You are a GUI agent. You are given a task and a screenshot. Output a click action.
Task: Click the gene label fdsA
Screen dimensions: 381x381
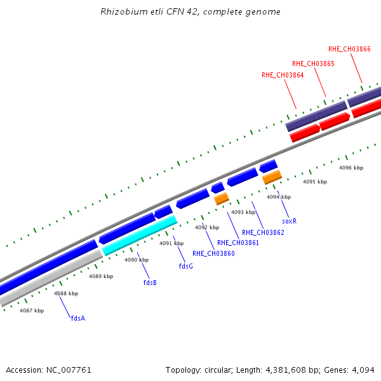point(78,318)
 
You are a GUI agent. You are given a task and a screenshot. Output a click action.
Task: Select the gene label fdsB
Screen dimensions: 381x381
point(150,283)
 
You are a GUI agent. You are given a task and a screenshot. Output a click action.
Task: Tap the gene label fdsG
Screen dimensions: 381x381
point(185,266)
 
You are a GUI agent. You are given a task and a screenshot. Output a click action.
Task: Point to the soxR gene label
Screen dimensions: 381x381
point(289,221)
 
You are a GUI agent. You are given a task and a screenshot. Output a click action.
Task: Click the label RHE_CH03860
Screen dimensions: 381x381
point(213,253)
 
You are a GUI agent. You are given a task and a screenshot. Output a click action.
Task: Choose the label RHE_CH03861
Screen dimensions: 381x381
point(238,243)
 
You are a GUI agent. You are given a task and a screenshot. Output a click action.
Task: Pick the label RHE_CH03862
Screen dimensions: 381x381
point(263,232)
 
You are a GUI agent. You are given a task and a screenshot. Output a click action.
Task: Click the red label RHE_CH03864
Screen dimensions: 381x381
point(283,75)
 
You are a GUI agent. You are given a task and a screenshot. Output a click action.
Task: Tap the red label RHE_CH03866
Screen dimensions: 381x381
point(349,49)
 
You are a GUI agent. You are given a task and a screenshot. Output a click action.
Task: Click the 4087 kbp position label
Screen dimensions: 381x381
point(32,311)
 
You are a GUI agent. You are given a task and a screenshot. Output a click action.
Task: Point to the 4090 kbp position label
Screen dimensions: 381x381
point(136,260)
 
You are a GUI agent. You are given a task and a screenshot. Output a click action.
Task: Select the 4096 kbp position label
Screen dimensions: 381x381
point(351,168)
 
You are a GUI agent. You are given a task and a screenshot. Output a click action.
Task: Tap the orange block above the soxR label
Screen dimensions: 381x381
point(272,177)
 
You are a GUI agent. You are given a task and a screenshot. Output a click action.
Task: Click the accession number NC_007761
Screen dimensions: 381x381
point(69,370)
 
